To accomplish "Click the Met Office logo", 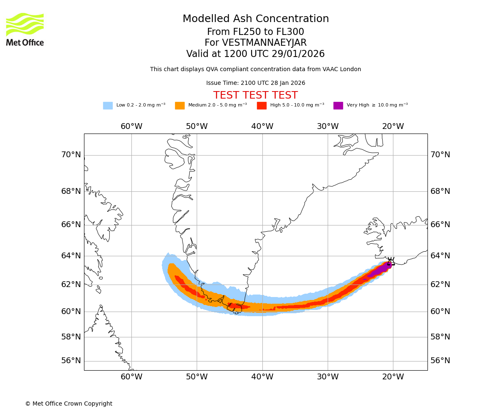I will click(x=25, y=29).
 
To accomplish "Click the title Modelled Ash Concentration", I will click(x=256, y=19).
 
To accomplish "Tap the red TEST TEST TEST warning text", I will click(x=256, y=96).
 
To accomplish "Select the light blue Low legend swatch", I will click(x=108, y=106).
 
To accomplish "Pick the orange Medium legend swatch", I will click(x=180, y=106).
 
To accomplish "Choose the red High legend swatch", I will click(x=262, y=106).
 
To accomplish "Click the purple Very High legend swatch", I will click(x=338, y=106).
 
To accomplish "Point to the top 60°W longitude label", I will click(x=131, y=126).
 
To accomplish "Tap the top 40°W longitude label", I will click(x=262, y=126).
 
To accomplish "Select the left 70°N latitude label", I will click(x=71, y=155).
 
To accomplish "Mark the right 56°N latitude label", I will click(x=440, y=361).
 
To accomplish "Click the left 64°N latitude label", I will click(x=71, y=255).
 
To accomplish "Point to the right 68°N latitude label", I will click(x=440, y=191).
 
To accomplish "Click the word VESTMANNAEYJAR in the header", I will click(x=264, y=43).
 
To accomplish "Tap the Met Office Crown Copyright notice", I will click(x=69, y=404).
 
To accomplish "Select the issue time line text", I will click(x=256, y=83).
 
